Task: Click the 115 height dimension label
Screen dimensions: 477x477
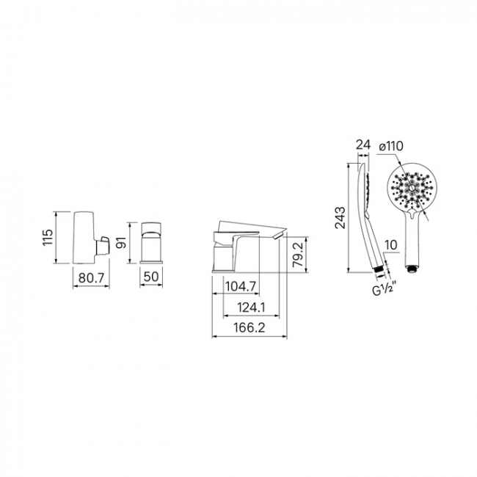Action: click(48, 238)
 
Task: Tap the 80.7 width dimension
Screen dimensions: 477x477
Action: click(91, 277)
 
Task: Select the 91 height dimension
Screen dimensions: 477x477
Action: click(122, 241)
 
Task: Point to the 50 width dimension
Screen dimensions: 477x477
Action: click(151, 277)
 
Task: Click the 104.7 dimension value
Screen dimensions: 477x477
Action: click(241, 286)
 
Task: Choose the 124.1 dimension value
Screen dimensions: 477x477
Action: click(251, 307)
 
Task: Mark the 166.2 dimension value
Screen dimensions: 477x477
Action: click(250, 327)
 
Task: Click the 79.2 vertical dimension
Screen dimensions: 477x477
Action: click(298, 255)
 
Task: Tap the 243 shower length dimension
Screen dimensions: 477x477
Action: click(340, 217)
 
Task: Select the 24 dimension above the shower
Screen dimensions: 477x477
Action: click(363, 145)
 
